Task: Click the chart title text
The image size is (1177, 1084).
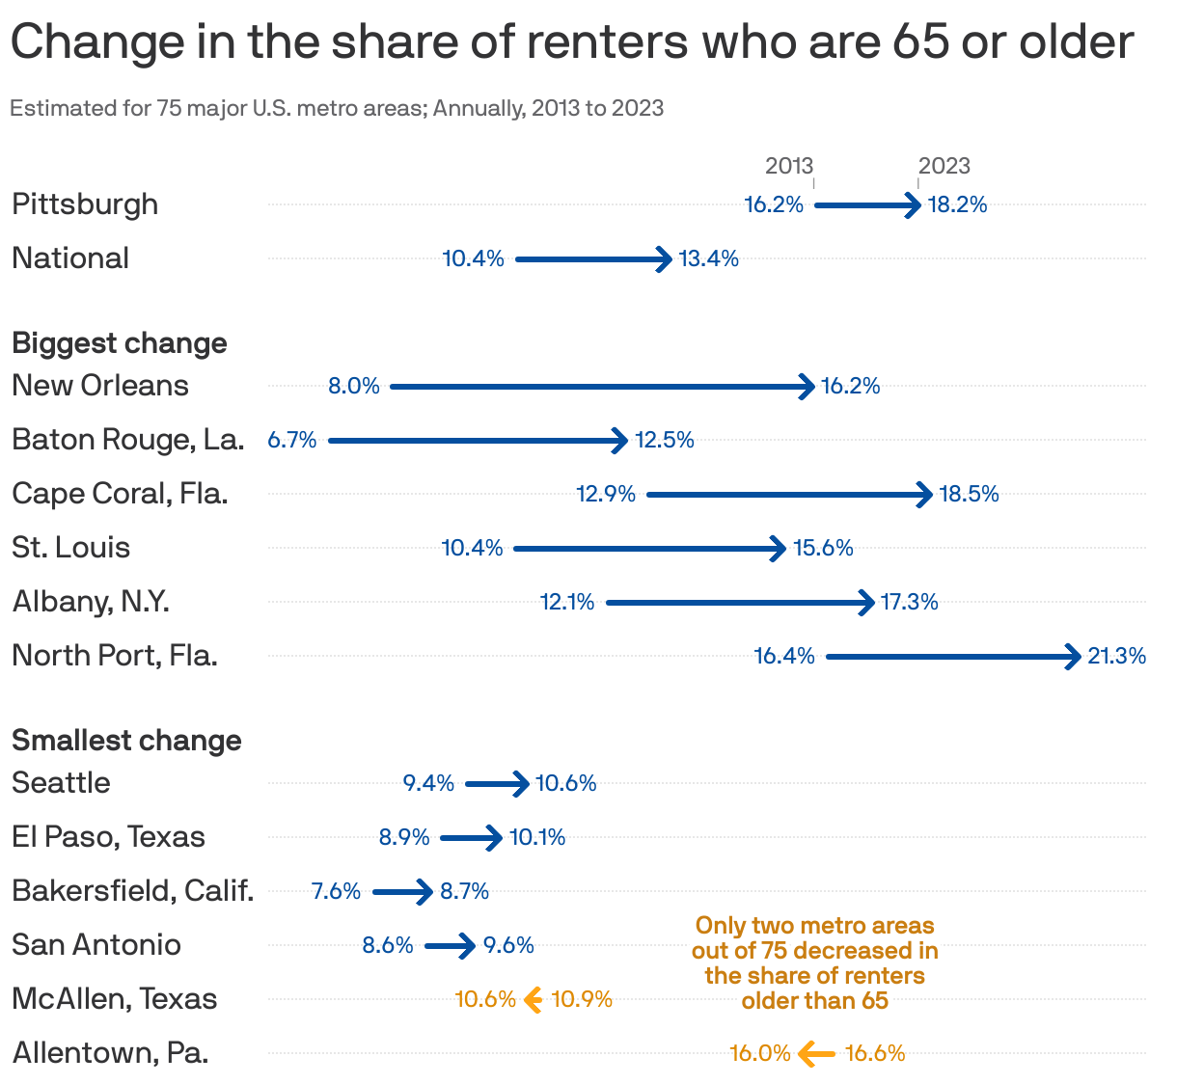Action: pyautogui.click(x=571, y=42)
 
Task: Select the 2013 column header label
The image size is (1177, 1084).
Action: pyautogui.click(x=788, y=166)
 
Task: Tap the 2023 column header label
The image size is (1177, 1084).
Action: pyautogui.click(x=944, y=166)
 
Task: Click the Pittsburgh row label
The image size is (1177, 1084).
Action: pyautogui.click(x=85, y=204)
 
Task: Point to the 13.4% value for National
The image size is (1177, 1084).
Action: pyautogui.click(x=708, y=258)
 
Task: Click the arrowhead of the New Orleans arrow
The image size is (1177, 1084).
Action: pyautogui.click(x=807, y=387)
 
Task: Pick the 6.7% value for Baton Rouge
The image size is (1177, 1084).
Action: pyautogui.click(x=292, y=440)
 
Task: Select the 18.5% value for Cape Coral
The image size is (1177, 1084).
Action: pyautogui.click(x=969, y=494)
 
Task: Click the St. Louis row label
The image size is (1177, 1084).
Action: pyautogui.click(x=70, y=548)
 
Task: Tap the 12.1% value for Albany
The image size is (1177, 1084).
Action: pyautogui.click(x=567, y=602)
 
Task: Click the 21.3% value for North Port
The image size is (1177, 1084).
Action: pyautogui.click(x=1116, y=656)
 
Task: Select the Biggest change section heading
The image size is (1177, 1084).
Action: pyautogui.click(x=120, y=343)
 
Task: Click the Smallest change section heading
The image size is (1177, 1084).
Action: pyautogui.click(x=126, y=741)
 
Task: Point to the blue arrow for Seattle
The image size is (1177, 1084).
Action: pyautogui.click(x=496, y=784)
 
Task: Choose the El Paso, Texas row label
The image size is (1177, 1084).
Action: pyautogui.click(x=108, y=837)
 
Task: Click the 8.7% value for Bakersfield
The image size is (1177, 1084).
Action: pyautogui.click(x=464, y=891)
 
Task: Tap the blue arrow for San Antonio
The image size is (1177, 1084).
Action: pyautogui.click(x=449, y=946)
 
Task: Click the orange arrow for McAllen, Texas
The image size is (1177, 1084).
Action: pyautogui.click(x=533, y=1000)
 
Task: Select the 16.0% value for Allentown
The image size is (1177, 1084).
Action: pyautogui.click(x=759, y=1053)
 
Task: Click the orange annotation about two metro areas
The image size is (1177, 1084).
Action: pyautogui.click(x=814, y=962)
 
